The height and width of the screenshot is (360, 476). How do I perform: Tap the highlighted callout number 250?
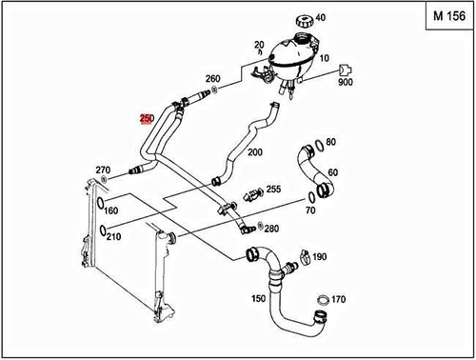click(x=146, y=118)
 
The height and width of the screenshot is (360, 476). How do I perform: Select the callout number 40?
click(x=320, y=17)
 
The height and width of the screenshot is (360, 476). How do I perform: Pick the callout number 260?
click(x=212, y=78)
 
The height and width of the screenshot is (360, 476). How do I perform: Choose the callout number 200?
click(x=254, y=151)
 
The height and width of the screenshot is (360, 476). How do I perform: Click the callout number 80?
click(x=331, y=142)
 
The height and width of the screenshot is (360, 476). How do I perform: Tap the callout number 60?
click(x=333, y=172)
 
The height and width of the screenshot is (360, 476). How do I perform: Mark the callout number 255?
click(x=273, y=190)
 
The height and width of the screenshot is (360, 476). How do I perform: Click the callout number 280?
click(x=271, y=229)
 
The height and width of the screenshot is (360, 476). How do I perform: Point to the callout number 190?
click(x=320, y=257)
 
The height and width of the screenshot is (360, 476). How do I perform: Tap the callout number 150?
click(x=256, y=299)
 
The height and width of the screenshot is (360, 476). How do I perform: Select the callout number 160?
click(x=110, y=210)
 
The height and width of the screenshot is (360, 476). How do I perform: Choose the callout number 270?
click(x=104, y=170)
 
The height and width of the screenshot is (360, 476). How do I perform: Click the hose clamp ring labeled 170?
click(x=323, y=302)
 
